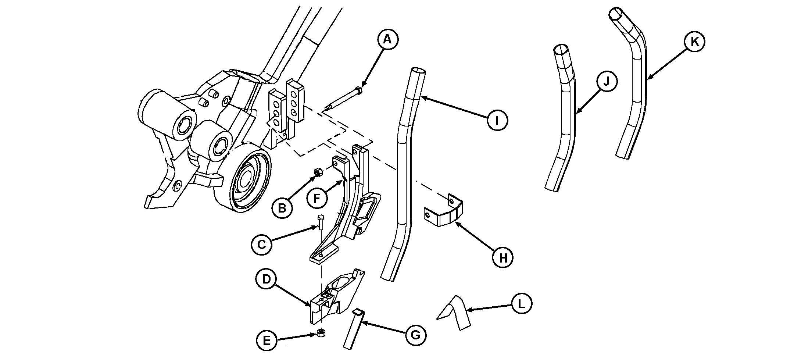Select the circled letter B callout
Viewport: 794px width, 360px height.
point(282,208)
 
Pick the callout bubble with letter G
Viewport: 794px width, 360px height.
point(416,335)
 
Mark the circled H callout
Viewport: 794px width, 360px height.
point(503,258)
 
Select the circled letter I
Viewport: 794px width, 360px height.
point(497,120)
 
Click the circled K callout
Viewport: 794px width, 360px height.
point(694,42)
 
